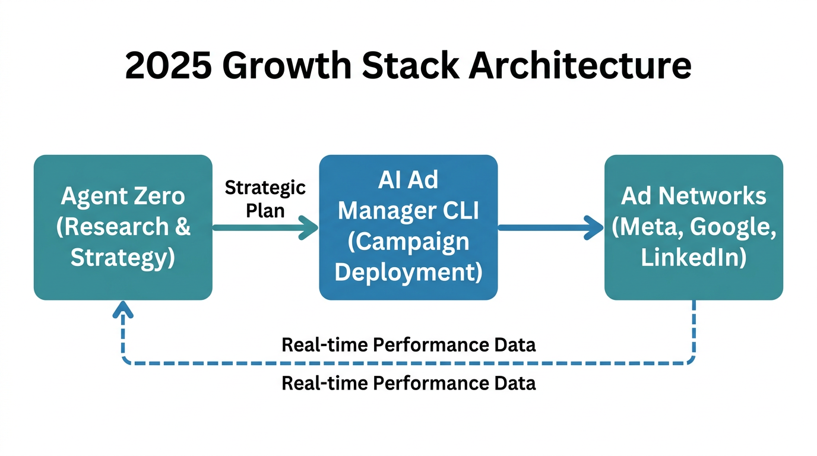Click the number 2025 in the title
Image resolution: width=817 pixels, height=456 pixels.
168,66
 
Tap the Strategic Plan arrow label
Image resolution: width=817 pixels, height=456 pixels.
265,199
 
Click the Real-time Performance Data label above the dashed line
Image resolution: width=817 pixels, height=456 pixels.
408,344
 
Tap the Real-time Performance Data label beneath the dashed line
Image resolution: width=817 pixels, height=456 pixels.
408,383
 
